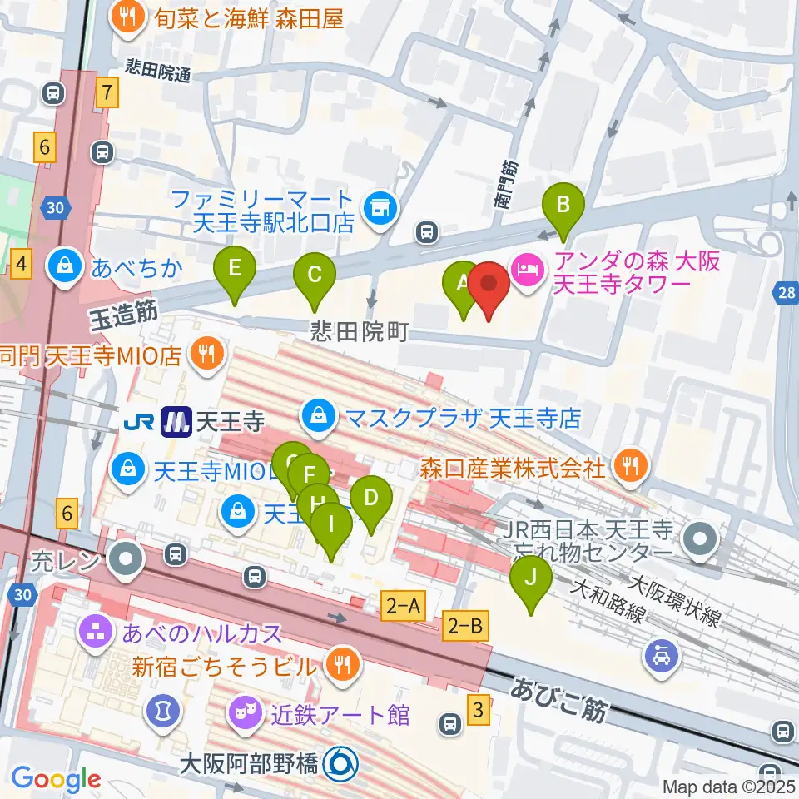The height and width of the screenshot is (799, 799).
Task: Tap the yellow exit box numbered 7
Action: (107, 92)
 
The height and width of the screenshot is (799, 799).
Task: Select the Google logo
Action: (56, 779)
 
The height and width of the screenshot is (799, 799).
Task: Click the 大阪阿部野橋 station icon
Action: (340, 762)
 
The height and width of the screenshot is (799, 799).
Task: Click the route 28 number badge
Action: (787, 292)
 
